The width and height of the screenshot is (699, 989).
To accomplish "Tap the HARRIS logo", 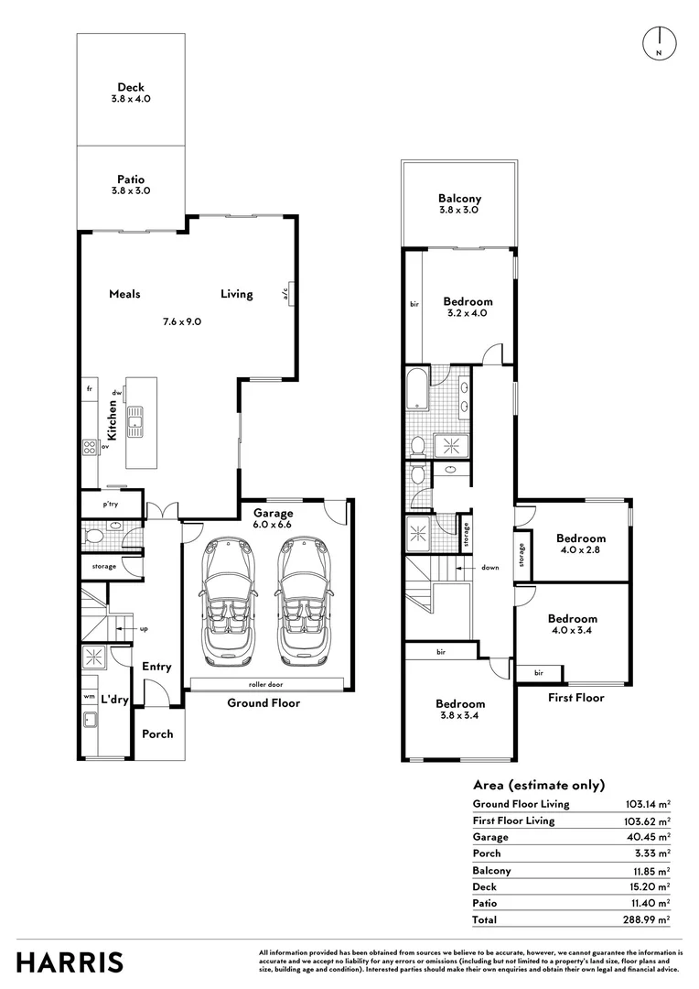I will tap(70, 962).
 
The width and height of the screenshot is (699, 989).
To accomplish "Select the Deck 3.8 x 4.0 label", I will tap(130, 92).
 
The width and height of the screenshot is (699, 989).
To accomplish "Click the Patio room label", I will tap(130, 179).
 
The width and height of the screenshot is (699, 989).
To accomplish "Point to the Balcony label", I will tap(459, 199).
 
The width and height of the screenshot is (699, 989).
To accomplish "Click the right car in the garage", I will tap(303, 602).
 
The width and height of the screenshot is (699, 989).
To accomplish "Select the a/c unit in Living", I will tap(291, 293).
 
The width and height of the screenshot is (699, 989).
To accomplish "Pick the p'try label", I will tap(110, 505).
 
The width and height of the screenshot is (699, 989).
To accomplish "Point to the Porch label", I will tap(156, 734).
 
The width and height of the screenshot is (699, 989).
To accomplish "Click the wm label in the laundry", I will tap(88, 697).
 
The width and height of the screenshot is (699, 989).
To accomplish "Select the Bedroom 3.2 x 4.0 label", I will tap(468, 307).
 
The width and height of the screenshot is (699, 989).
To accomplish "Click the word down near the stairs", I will tap(490, 568).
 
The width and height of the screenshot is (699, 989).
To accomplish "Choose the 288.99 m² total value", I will tap(645, 918).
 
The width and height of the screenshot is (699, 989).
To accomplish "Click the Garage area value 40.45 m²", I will tap(647, 837).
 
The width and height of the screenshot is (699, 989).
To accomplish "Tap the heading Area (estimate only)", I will tap(539, 785).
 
